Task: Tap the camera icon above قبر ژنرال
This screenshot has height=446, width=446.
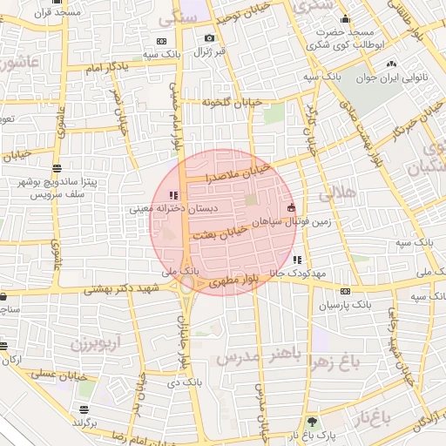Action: [x=209, y=37]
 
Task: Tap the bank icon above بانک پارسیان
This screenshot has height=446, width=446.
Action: [x=345, y=291]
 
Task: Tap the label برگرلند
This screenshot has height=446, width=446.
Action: [x=85, y=422]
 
